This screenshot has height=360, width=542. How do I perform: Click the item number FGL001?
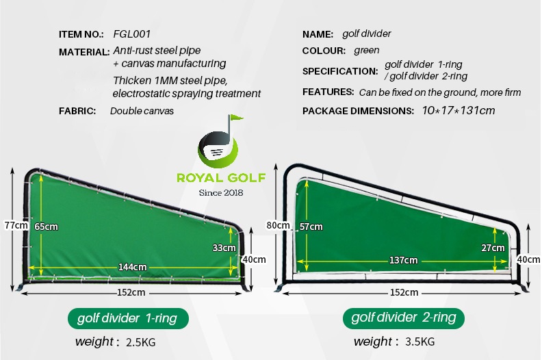point(132,34)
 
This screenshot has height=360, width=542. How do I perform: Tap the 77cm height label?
point(16,225)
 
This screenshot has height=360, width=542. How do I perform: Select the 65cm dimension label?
point(47,227)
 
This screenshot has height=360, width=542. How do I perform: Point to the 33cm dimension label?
point(224,248)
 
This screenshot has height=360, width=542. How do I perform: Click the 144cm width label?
point(132,267)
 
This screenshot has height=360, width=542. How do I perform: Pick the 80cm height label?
point(278,225)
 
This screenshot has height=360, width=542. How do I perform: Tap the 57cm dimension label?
point(311,227)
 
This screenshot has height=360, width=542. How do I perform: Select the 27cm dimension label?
point(493,248)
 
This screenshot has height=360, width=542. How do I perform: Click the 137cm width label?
point(403,260)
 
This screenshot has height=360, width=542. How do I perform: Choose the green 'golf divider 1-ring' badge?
point(128,318)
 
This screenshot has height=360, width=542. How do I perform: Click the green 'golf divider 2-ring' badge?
point(403,318)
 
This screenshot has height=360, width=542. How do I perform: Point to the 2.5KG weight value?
point(141,342)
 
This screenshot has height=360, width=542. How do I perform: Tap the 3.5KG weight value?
point(420,342)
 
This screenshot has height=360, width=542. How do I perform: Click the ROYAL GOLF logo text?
point(221,178)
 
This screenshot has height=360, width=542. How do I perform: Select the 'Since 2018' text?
point(221,192)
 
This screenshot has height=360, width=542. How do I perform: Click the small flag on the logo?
point(237,118)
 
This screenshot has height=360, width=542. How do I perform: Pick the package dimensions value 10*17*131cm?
point(459,111)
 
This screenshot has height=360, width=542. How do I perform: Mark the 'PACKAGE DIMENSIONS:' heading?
point(358,111)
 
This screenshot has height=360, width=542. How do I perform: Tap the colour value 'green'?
point(366,51)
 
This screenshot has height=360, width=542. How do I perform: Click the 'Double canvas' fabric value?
point(142,111)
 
